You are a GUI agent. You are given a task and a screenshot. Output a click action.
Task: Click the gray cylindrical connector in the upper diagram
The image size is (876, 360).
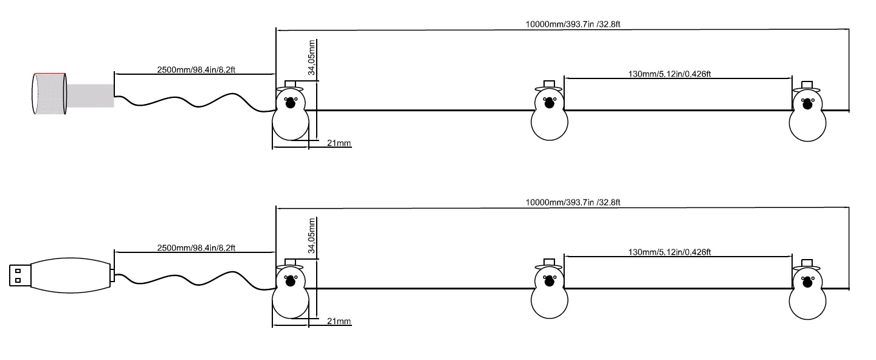[50, 94]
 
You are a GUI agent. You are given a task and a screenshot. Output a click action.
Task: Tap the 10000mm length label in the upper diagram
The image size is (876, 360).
[572, 25]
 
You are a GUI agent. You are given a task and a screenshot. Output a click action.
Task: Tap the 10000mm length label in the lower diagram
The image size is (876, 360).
[572, 202]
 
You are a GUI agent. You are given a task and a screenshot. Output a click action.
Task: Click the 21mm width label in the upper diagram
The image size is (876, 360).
[339, 143]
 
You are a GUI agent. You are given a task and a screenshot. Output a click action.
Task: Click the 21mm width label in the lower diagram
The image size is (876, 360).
[339, 320]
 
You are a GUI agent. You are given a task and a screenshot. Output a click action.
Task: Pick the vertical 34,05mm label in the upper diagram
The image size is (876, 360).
[312, 58]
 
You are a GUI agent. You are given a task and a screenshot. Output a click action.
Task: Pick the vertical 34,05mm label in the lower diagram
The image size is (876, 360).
[312, 235]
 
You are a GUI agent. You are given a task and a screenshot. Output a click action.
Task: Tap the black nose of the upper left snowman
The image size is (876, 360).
[290, 103]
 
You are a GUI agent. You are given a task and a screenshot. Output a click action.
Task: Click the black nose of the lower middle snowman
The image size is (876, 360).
[550, 281]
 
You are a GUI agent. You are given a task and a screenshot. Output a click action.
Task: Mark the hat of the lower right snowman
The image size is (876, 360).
[807, 263]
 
